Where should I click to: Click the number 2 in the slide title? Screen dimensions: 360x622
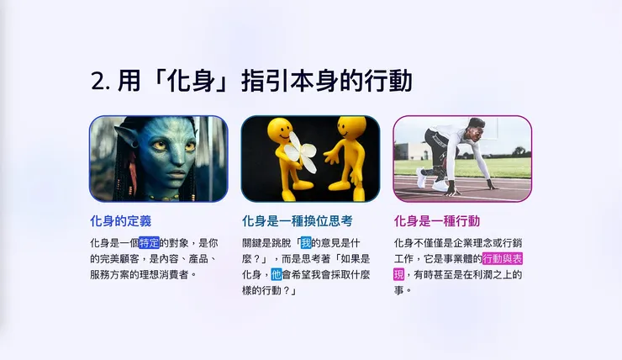97,81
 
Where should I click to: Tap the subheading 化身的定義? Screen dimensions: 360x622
120,221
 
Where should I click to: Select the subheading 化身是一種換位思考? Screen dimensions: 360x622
298,221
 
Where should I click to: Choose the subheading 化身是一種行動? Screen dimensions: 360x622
437,221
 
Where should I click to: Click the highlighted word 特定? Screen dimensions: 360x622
149,242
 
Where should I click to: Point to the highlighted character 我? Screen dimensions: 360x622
305,242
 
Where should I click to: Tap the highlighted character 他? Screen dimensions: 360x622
277,274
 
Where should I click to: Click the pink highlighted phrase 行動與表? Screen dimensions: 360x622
503,258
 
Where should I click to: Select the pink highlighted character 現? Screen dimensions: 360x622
399,274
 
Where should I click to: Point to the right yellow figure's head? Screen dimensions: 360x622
351,128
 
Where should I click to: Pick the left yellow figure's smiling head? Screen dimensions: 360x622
280,131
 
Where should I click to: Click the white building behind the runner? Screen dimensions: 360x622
411,151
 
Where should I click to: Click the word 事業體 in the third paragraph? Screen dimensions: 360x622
461,258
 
